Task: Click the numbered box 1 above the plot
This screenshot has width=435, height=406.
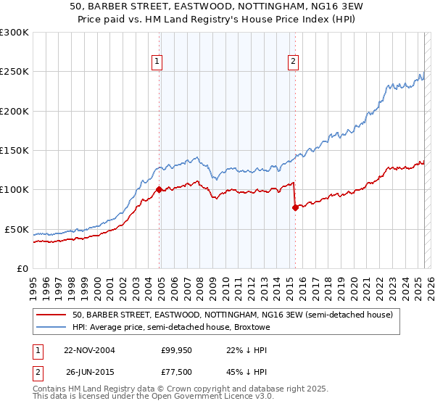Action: [x=157, y=62]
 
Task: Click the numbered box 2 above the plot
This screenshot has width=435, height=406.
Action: [x=293, y=62]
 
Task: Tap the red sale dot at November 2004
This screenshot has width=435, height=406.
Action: [x=159, y=190]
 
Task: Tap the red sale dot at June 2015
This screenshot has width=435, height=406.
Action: [x=295, y=207]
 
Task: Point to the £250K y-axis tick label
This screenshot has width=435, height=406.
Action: [x=14, y=72]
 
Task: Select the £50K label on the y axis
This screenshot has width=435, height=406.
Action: [x=17, y=229]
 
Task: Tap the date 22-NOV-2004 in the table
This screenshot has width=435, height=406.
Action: [x=89, y=350]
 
